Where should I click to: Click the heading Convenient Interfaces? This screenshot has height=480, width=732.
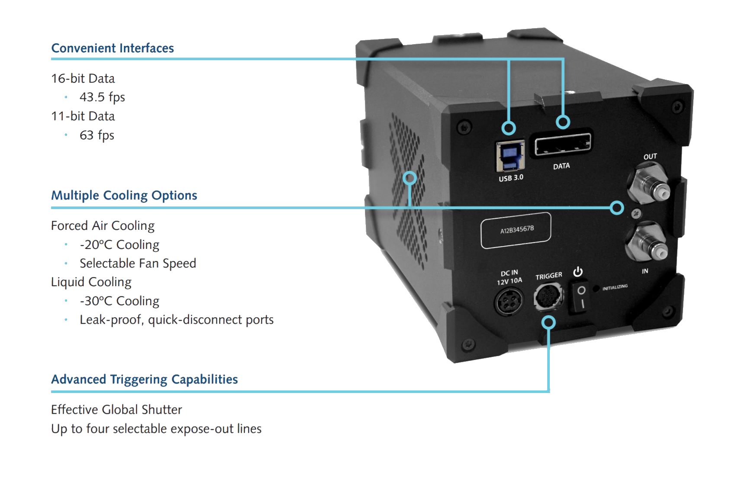[x=113, y=48]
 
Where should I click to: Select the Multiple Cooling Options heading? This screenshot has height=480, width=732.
[x=124, y=195]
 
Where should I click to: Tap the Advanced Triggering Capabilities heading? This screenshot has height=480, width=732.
[x=144, y=379]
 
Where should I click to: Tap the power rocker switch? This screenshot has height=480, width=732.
[x=581, y=296]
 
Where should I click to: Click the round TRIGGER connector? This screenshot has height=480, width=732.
[x=548, y=297]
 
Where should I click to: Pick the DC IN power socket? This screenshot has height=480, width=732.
[x=509, y=301]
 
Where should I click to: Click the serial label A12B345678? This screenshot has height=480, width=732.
[x=516, y=230]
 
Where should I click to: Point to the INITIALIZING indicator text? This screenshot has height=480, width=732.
[x=615, y=287]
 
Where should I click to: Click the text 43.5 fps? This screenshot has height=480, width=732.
[x=102, y=97]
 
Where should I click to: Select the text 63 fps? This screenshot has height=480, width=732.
[x=97, y=135]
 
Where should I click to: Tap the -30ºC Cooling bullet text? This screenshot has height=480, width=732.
[x=119, y=301]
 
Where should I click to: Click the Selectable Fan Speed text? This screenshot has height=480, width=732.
[x=138, y=263]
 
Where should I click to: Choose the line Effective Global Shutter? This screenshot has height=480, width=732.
[x=116, y=409]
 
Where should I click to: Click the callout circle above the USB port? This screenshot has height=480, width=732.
[x=509, y=128]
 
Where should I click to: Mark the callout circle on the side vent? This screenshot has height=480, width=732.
[x=410, y=178]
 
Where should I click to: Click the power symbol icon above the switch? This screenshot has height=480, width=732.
[x=578, y=272]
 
